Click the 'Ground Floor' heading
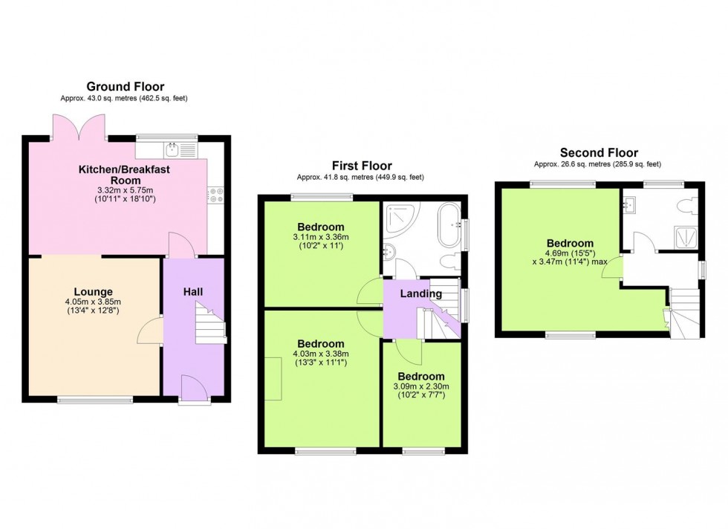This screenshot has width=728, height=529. (x=126, y=87)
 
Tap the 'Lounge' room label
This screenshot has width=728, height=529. (x=93, y=291)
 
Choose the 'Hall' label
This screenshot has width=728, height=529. (x=193, y=291)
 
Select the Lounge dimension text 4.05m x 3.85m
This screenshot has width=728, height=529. (x=93, y=302)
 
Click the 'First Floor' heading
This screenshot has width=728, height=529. (x=362, y=166)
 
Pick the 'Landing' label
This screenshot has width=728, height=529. (x=420, y=293)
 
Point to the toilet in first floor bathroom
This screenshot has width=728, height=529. (x=448, y=262)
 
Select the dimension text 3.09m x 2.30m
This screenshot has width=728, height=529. (x=420, y=387)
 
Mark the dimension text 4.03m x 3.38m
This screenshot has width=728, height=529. (x=321, y=354)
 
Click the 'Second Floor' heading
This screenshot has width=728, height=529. (x=597, y=153)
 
